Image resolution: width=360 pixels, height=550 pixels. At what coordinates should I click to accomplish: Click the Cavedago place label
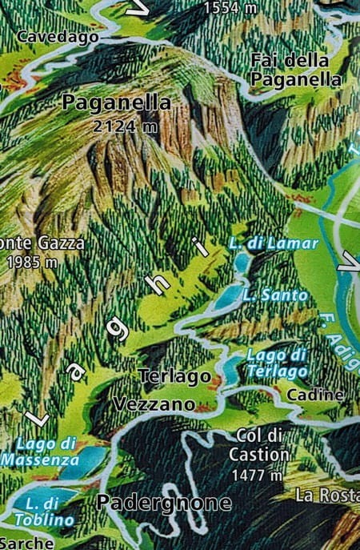(57, 36)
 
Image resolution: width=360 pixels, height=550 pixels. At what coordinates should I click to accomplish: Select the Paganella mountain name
(116, 102)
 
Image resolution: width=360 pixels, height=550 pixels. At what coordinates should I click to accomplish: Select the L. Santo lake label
(274, 295)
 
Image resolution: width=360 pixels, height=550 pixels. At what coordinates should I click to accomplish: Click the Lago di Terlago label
(277, 363)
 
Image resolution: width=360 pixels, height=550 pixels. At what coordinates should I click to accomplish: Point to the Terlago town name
(174, 375)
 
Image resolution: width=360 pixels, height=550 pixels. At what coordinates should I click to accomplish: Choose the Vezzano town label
(154, 404)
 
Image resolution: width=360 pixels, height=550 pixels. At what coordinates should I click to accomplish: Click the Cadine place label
(315, 395)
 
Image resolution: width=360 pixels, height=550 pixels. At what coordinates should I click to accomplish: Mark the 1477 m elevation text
(257, 475)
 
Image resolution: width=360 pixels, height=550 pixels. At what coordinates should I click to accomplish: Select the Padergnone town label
(164, 503)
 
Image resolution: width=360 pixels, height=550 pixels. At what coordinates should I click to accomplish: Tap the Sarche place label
(26, 542)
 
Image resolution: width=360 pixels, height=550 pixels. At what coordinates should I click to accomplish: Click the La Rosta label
(327, 495)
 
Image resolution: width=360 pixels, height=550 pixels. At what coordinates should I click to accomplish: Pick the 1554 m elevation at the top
(230, 8)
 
